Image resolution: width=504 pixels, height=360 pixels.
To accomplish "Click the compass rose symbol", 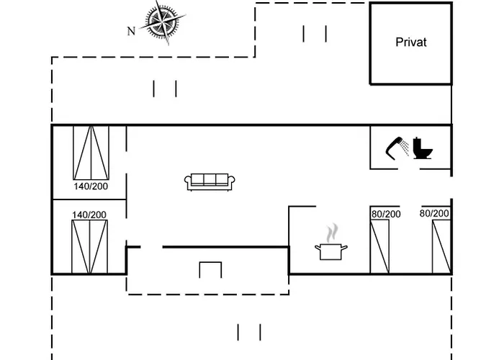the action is click(163, 22).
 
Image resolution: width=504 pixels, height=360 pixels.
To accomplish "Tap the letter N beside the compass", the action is click(131, 31).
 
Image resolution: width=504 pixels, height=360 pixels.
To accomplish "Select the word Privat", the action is click(411, 42).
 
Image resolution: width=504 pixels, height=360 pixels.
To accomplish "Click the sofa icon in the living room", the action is click(210, 182).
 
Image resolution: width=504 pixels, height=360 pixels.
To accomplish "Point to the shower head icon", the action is click(397, 148).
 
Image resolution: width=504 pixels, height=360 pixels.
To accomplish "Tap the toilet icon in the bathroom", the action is click(423, 148).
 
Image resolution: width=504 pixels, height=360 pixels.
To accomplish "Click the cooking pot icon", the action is click(330, 252).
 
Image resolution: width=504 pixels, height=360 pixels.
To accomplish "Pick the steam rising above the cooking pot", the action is click(333, 233).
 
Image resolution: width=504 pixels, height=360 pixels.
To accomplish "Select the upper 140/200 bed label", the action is click(91, 186).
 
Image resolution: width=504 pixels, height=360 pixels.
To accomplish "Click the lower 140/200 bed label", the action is click(89, 215).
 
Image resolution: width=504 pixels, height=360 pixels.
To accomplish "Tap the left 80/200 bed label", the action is click(386, 214).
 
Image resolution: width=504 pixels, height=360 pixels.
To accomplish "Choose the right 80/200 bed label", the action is click(434, 213).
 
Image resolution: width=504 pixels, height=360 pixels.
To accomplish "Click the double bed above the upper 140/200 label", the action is click(91, 153).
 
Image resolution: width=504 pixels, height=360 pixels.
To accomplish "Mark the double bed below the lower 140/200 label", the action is click(89, 247).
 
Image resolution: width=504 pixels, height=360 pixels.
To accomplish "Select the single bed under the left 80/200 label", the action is click(379, 247).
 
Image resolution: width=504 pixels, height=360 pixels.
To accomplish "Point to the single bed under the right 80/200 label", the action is click(441, 247).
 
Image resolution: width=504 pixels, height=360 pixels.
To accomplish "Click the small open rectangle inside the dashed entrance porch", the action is click(210, 263).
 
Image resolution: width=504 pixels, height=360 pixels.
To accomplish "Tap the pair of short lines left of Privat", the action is click(315, 34).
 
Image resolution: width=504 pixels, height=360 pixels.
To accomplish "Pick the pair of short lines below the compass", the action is click(165, 89).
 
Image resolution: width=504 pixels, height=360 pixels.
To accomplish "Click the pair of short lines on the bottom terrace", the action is click(249, 333).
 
